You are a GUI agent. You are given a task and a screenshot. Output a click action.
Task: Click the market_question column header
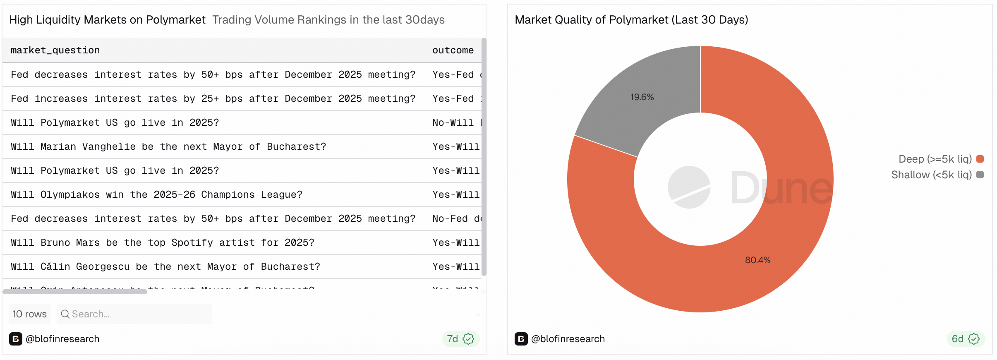[x=55, y=50]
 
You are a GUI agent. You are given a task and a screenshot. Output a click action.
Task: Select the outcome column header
[x=453, y=50]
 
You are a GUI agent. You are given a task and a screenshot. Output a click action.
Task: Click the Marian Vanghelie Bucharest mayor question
[x=168, y=147]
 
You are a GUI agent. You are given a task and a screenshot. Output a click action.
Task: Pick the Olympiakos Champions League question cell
[x=156, y=195]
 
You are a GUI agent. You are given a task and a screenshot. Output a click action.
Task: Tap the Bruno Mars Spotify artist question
[x=162, y=243]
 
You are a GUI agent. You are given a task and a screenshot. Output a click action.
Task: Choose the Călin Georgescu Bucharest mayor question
[x=165, y=267]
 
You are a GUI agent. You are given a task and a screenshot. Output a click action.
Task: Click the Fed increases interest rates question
[x=213, y=99]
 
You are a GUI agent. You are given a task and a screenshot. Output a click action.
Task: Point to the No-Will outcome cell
[x=455, y=123]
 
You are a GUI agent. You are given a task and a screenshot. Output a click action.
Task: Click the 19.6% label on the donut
[x=642, y=97]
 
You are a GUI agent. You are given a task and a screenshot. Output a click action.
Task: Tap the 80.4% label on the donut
[x=757, y=260]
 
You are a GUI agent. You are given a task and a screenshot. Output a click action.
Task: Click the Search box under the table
[x=134, y=314]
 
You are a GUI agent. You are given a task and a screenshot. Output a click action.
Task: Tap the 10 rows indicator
[x=29, y=314]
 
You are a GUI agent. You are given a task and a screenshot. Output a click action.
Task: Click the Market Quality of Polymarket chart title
[x=631, y=20]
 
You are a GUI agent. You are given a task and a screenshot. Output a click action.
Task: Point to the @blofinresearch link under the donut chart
[x=568, y=339]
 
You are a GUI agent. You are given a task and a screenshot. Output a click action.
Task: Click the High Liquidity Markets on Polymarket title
[x=107, y=20]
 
